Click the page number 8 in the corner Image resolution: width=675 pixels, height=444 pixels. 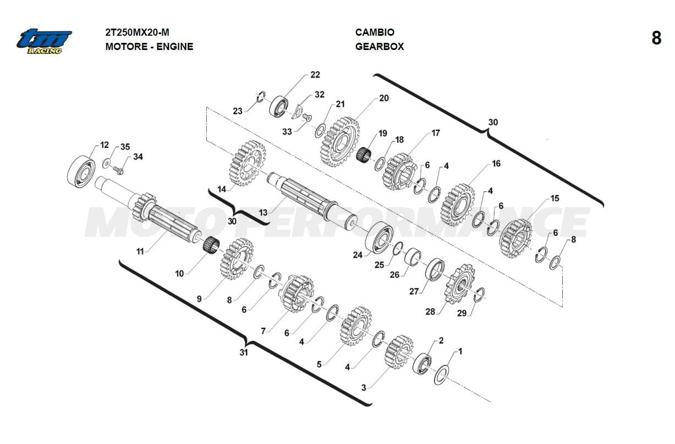pyautogui.click(x=656, y=38)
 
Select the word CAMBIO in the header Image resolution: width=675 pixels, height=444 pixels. pyautogui.click(x=375, y=32)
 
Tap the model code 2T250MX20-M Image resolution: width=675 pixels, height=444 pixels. pyautogui.click(x=133, y=32)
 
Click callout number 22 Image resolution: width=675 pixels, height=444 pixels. pyautogui.click(x=315, y=75)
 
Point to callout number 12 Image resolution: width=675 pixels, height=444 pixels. pyautogui.click(x=104, y=146)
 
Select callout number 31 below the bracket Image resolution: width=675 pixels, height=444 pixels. pyautogui.click(x=244, y=352)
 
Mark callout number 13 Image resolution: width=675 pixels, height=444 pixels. pyautogui.click(x=263, y=213)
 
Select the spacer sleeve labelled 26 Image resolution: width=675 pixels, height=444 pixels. pyautogui.click(x=414, y=256)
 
